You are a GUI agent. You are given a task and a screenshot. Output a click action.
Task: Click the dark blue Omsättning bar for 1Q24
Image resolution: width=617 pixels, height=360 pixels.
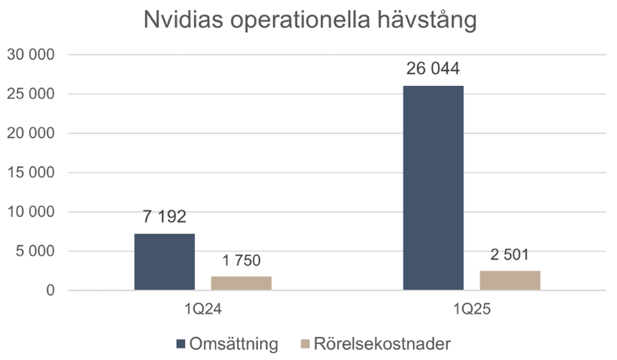tap(164, 262)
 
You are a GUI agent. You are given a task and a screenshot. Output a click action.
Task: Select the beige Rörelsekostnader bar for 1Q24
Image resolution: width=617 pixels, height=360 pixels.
tap(241, 283)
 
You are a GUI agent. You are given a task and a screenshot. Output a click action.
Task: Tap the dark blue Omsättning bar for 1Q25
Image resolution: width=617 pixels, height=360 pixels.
tap(433, 188)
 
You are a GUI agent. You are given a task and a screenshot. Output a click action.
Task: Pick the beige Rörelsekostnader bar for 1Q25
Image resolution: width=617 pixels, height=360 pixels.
tap(510, 280)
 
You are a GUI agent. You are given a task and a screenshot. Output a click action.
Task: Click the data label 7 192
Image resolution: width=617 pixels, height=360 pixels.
tap(163, 217)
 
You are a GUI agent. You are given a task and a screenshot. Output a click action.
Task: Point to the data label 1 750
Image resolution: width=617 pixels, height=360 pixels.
tap(240, 261)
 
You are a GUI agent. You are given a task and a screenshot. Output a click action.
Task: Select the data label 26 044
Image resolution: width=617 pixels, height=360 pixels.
tap(433, 69)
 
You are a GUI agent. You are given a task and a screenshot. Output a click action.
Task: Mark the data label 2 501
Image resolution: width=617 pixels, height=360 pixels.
tap(510, 255)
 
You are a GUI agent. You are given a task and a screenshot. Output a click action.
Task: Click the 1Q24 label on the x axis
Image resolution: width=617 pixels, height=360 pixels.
tap(203, 310)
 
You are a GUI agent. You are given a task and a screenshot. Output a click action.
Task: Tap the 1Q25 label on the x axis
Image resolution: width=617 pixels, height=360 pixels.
tap(471, 310)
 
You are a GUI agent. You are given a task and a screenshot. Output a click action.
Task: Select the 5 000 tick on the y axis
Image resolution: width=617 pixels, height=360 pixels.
tap(35, 251)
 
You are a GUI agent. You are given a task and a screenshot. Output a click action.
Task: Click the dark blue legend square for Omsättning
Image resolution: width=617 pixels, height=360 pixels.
tap(181, 343)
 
